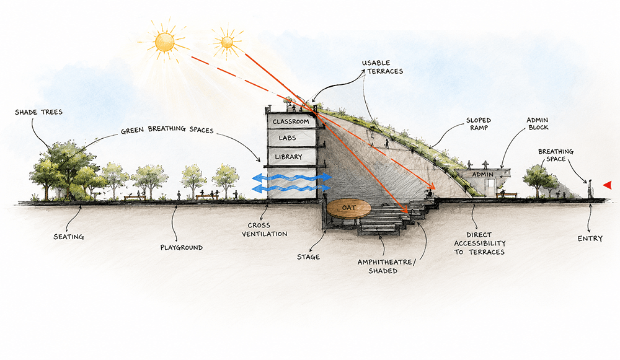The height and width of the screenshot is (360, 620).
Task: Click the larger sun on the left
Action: tap(164, 42)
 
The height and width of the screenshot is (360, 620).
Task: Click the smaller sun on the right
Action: tap(227, 42)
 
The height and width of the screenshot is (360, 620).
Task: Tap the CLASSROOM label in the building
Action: tap(291, 121)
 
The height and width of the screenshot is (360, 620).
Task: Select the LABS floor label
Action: tap(287, 138)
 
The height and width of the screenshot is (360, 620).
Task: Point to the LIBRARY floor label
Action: tap(289, 157)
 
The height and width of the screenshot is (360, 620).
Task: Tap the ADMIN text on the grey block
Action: tap(483, 174)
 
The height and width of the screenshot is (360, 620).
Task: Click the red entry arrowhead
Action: tap(607, 185)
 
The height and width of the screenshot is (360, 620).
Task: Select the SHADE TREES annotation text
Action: tap(38, 112)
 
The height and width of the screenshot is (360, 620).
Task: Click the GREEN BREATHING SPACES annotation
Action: tap(167, 130)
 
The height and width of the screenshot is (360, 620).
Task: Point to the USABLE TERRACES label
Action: tap(383, 67)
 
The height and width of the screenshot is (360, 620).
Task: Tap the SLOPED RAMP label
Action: tap(479, 124)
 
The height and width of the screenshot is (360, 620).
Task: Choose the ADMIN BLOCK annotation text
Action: tap(538, 123)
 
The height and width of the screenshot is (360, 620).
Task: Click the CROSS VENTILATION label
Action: tap(264, 230)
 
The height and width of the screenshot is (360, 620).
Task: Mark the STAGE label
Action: tap(308, 257)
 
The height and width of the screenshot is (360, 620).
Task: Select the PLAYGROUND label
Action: tap(182, 248)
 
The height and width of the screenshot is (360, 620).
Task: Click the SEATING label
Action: tap(69, 237)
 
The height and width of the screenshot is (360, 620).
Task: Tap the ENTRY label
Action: tap(590, 239)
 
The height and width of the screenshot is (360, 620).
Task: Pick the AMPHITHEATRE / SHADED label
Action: tap(386, 266)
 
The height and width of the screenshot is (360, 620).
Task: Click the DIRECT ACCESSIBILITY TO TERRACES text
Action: tap(480, 244)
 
